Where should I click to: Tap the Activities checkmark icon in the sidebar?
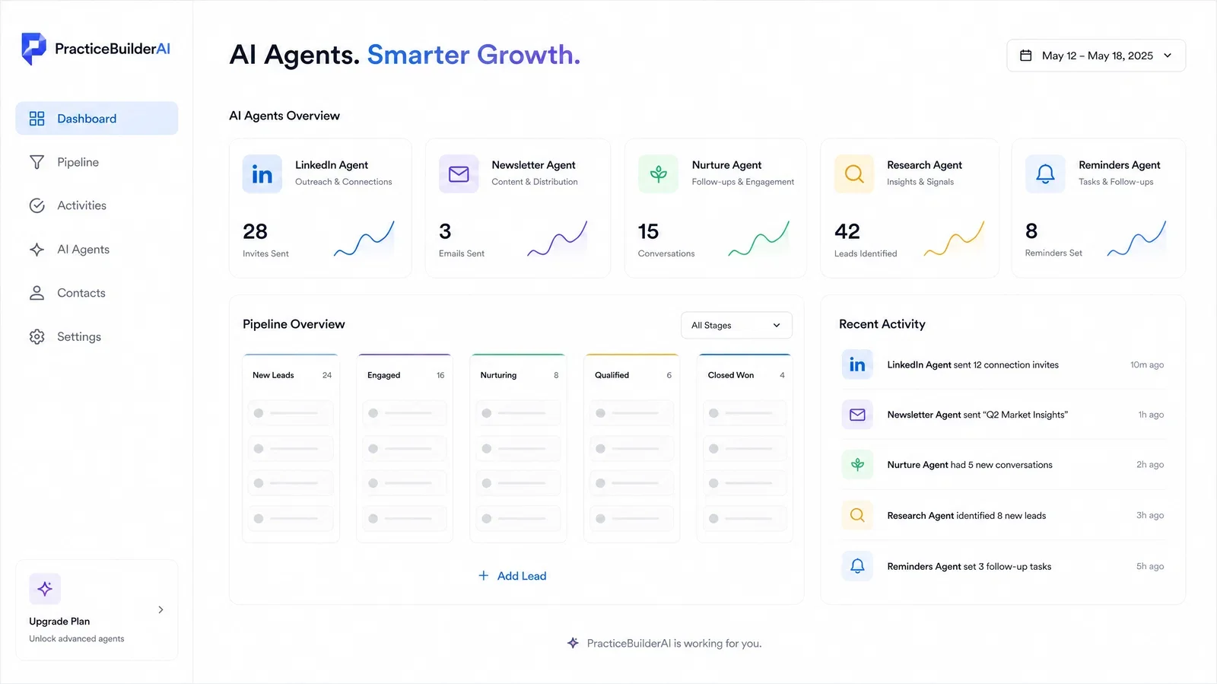tap(37, 205)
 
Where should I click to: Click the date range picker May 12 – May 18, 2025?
tap(1096, 56)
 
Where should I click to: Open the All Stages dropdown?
tap(736, 325)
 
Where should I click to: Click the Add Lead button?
tap(512, 576)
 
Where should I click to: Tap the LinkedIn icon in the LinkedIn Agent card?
tap(262, 173)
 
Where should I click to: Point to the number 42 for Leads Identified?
tap(847, 231)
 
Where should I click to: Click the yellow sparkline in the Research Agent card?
tap(954, 239)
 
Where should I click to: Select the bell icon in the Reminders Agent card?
tap(1045, 173)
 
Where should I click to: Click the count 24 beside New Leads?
tap(326, 375)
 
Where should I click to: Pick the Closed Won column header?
tap(730, 375)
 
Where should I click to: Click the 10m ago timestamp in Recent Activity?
tap(1147, 364)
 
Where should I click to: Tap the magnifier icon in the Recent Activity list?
tap(857, 515)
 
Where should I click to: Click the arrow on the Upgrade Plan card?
tap(160, 609)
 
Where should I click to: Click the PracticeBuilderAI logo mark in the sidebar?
tap(33, 49)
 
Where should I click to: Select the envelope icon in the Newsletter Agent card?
tap(459, 173)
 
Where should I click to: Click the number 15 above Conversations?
tap(648, 231)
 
